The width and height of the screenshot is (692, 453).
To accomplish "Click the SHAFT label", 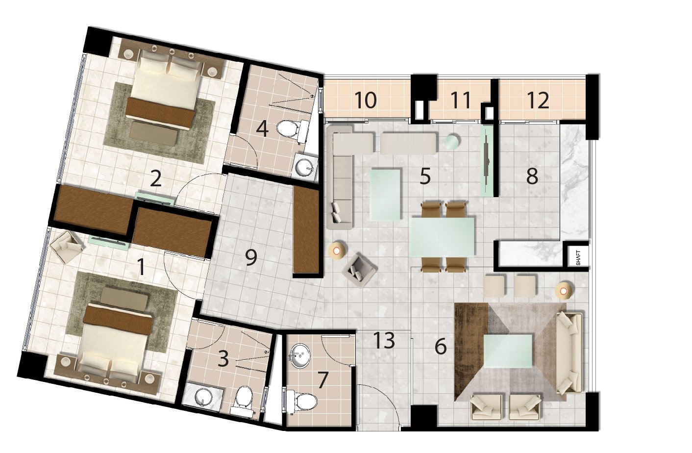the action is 578,258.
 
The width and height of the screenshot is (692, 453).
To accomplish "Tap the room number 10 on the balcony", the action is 366,101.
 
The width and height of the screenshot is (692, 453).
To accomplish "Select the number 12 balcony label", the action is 539,101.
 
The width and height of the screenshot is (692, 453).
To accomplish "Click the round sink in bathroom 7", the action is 299,356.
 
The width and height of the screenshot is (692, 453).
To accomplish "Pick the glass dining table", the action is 442,237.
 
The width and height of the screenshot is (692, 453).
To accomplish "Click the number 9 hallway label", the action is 251,258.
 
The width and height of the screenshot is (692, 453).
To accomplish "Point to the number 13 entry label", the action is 384,340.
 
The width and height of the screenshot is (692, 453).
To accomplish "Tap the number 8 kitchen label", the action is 532,176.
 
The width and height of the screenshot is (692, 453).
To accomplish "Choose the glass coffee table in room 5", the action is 386,194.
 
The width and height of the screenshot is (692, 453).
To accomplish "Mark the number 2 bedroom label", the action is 155,178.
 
